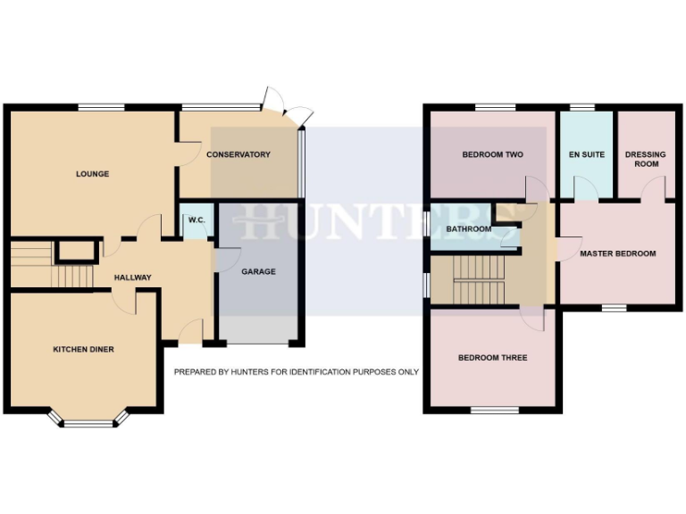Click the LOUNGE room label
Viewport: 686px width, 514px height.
point(92,174)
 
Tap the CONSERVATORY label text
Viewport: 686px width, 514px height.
point(238,154)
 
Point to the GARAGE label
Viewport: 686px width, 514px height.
point(259,271)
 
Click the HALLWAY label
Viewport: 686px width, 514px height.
point(132,278)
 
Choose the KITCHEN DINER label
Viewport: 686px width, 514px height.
point(83,349)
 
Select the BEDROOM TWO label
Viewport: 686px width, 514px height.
point(492,154)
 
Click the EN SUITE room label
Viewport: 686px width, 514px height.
point(586,154)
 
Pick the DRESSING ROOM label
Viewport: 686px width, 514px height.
point(646,159)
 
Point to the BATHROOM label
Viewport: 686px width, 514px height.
point(468,229)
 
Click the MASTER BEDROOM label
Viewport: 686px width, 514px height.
point(617,253)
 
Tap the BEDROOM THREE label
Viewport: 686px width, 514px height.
point(492,358)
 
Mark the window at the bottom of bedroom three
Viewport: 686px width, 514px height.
point(494,410)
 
